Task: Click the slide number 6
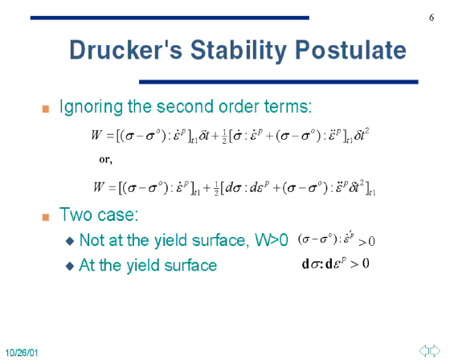432,18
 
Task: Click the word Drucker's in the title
126,50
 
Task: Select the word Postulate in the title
350,50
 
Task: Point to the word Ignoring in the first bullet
91,107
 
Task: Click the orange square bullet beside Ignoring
45,109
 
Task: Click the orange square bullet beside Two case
45,217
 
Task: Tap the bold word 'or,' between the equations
105,160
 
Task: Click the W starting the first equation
96,135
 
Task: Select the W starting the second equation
99,187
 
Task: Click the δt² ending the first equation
362,134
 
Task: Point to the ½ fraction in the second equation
216,189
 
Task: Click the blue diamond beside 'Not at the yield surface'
70,241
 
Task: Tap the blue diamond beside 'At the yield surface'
70,266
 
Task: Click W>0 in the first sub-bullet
272,239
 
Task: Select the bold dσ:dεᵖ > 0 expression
336,264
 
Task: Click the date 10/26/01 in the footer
22,353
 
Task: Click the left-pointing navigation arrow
424,350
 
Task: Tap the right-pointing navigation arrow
435,350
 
